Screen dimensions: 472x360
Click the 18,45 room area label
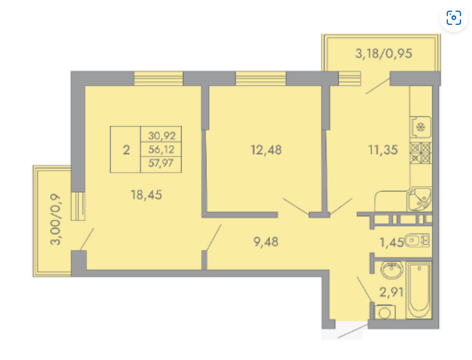[147, 195]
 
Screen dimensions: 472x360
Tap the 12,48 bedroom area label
[266, 150]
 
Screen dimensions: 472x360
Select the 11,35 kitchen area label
[383, 150]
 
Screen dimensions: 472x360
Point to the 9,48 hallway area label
[266, 242]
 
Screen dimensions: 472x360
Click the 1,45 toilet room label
[391, 242]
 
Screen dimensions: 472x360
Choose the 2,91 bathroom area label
[391, 292]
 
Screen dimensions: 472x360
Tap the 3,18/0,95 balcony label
[383, 54]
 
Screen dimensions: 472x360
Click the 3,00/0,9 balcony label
[55, 219]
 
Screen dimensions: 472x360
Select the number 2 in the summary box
[126, 150]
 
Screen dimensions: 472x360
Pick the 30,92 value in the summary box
[162, 136]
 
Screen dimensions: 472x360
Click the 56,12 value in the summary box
[161, 149]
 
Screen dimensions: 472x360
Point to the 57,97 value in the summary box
[161, 163]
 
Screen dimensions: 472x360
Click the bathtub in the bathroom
[419, 290]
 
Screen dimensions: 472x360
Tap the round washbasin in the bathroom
[391, 269]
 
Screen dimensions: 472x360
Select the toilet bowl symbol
[417, 240]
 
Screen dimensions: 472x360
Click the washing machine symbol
[385, 312]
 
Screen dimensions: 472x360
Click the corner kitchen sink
[419, 199]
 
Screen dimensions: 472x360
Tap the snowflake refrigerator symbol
[420, 127]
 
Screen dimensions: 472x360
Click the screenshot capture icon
[453, 18]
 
